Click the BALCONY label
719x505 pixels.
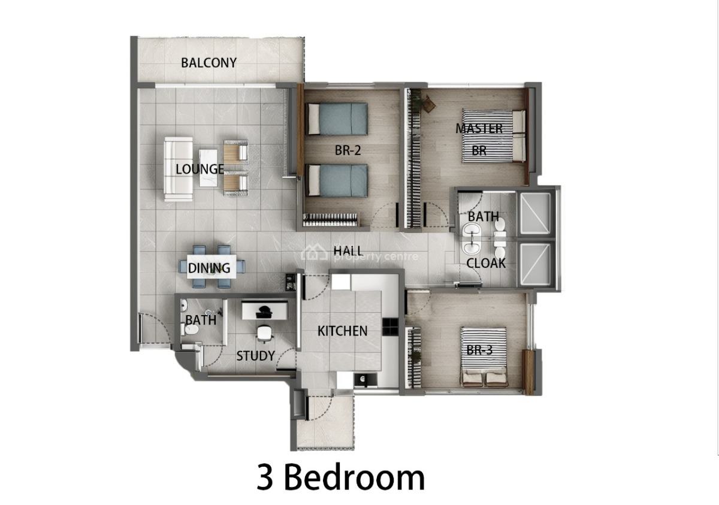(209, 62)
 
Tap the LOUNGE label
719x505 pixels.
(200, 170)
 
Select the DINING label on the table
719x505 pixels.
(209, 268)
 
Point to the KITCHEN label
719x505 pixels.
(342, 331)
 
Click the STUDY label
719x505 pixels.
(255, 356)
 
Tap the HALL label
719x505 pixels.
(348, 250)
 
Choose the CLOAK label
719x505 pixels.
(486, 263)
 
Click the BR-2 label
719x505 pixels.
(348, 151)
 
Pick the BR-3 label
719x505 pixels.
(479, 350)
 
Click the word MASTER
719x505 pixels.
(479, 128)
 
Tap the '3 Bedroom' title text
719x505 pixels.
(341, 478)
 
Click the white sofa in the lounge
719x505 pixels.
(178, 169)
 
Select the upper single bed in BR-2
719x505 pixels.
(336, 119)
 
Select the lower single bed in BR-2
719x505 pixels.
(336, 180)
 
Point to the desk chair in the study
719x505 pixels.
(264, 332)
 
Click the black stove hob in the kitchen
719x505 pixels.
(389, 326)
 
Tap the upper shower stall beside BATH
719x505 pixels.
(535, 214)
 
